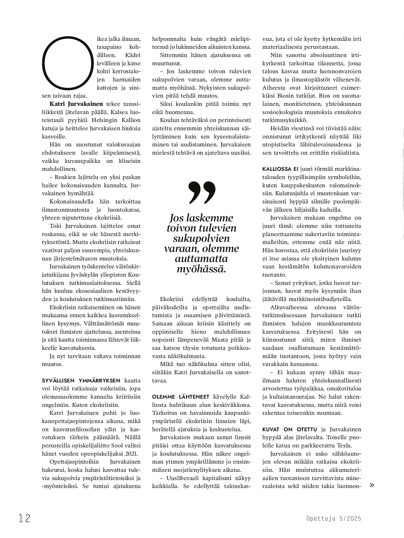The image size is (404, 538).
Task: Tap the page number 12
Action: click(24, 518)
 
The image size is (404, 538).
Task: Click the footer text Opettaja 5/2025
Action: click(333, 518)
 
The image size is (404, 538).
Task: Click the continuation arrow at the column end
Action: click(372, 485)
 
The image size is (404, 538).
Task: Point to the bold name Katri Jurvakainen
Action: click(76, 104)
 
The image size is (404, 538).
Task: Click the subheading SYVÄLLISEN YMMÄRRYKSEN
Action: click(81, 381)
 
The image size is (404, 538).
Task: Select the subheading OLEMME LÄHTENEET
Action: click(181, 397)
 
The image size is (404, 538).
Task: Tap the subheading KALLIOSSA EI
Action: click(280, 169)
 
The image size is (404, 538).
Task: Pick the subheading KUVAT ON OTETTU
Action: click(289, 429)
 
